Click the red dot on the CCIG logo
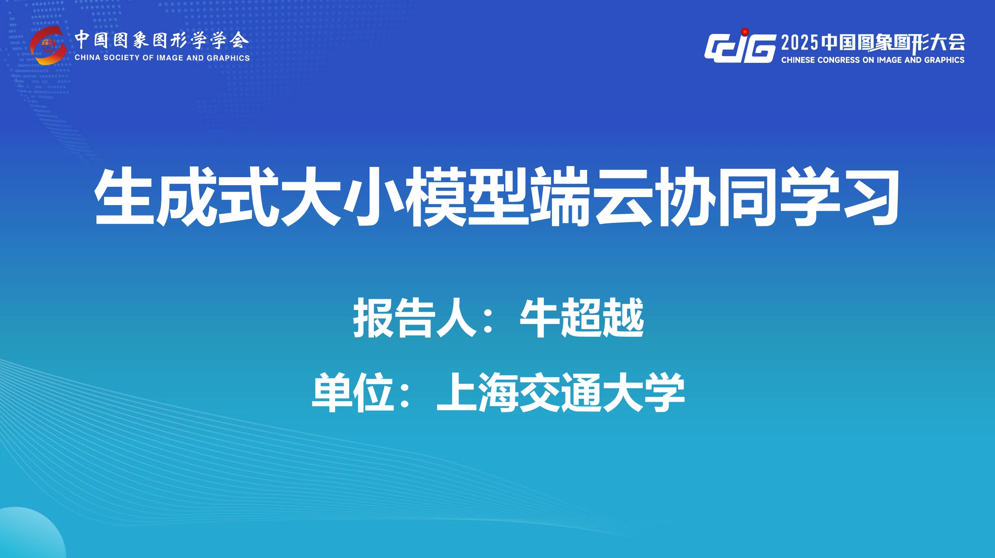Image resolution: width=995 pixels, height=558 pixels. (x=745, y=31)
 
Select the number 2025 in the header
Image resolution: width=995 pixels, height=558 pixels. (x=800, y=42)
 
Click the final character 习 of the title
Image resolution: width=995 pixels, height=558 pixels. (x=871, y=196)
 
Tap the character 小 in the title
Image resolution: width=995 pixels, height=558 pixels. (x=374, y=196)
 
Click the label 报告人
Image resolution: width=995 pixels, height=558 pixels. (x=415, y=318)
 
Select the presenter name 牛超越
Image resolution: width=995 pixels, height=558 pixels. (x=582, y=318)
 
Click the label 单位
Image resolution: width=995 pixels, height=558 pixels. (x=353, y=392)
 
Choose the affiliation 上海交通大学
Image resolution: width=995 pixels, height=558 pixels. (x=561, y=392)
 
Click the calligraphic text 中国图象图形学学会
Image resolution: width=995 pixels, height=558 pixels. (x=161, y=41)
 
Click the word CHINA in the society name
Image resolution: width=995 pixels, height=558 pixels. (x=87, y=58)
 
